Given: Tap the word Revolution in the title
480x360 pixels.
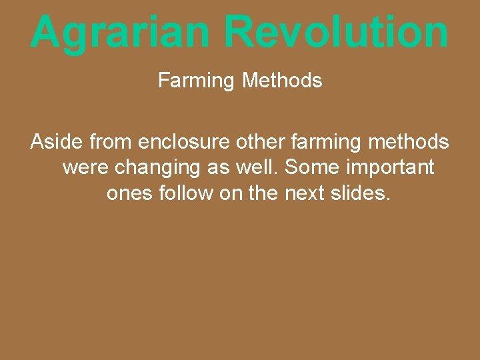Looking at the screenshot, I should (x=336, y=32).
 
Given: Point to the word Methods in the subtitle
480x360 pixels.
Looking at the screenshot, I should (x=282, y=81).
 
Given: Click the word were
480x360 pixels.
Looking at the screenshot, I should (x=87, y=167).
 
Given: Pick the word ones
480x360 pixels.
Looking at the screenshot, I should (x=129, y=194).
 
